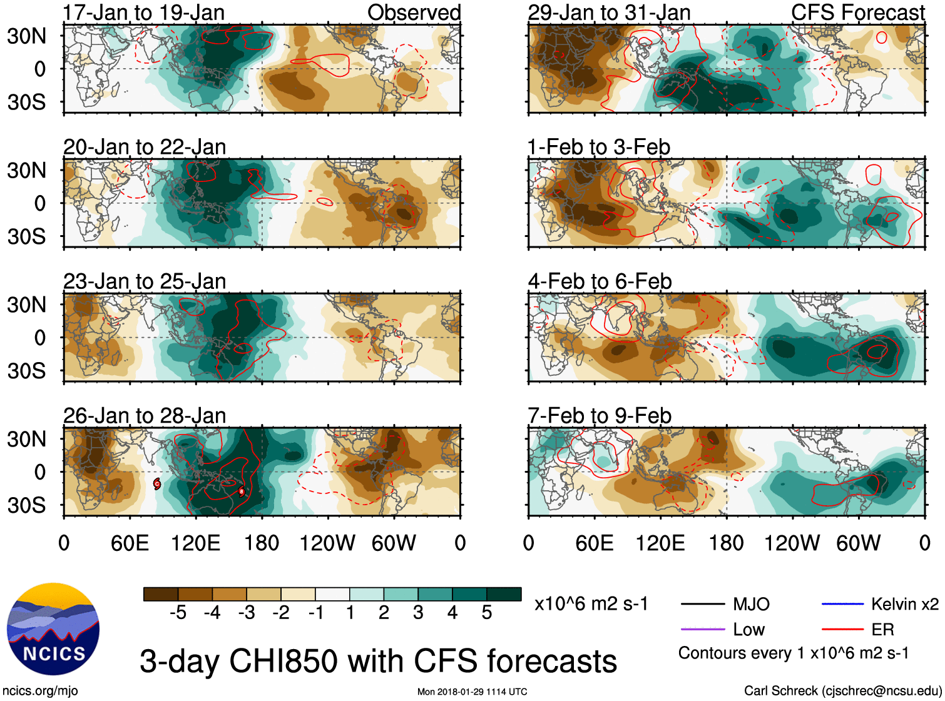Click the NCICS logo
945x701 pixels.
point(53,629)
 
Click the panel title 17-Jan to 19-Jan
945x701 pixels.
point(143,13)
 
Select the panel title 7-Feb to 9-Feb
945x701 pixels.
point(600,416)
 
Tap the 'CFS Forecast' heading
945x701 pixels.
point(857,13)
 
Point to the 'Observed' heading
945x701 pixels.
point(414,13)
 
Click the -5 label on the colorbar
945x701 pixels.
point(178,613)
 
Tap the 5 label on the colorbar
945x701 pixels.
point(487,613)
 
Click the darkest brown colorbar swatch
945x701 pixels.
point(161,594)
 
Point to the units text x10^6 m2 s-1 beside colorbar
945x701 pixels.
point(591,604)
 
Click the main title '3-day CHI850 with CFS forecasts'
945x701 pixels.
point(378,661)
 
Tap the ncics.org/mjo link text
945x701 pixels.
point(40,691)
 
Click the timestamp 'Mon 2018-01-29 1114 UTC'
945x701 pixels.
point(472,692)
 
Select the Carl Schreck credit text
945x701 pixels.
point(842,691)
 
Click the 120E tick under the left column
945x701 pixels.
point(195,543)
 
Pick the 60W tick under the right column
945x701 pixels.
point(858,543)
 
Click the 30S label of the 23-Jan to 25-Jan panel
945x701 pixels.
point(26,371)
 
